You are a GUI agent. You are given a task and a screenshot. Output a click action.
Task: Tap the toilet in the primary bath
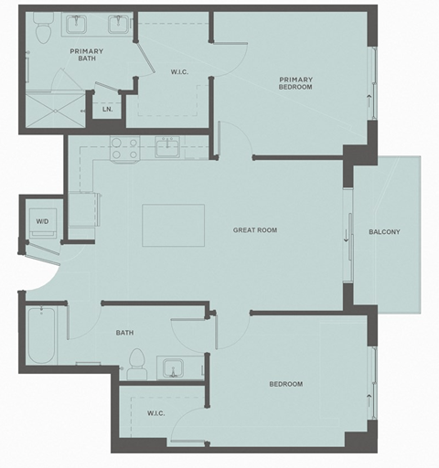click(x=42, y=31)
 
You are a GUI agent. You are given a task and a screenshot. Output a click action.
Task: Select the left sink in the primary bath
click(x=77, y=25)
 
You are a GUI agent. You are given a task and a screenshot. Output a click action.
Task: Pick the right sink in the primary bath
click(x=118, y=25)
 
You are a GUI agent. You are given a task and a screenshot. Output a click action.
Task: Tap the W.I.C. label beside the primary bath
click(x=178, y=71)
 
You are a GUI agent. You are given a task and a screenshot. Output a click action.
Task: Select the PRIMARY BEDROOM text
click(x=295, y=83)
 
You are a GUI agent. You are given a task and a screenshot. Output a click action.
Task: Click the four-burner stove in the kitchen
click(x=123, y=148)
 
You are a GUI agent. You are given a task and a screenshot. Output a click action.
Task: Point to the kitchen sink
click(x=169, y=147)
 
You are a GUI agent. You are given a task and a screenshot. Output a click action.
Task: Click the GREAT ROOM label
click(x=254, y=230)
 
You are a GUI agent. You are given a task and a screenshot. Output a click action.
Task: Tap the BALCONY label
click(x=384, y=231)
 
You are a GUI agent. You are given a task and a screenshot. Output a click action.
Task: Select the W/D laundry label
click(x=42, y=221)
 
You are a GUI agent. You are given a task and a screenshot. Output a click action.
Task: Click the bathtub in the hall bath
click(x=43, y=335)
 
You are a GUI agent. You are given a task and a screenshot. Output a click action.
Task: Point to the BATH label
click(x=124, y=333)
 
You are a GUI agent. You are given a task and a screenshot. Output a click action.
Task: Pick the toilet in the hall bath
click(x=136, y=364)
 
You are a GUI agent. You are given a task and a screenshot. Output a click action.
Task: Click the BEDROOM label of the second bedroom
click(x=285, y=384)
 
